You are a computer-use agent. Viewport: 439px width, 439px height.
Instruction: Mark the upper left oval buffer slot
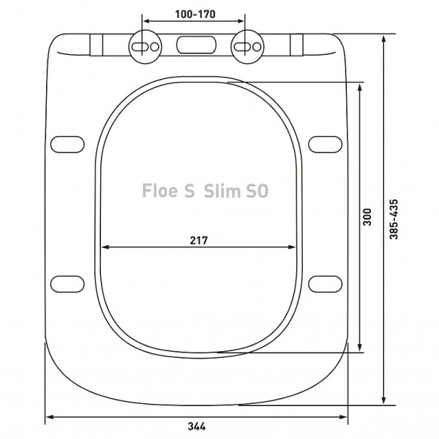coord(67,143)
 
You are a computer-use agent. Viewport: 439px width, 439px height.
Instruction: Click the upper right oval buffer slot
coord(324,143)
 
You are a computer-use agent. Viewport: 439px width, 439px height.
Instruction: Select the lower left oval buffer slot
coord(67,282)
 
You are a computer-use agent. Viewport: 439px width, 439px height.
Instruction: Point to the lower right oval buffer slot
coord(324,282)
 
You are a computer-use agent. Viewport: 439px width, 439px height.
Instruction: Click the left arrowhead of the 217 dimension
coord(104,247)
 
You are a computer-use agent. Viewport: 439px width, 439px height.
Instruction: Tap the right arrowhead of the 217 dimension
coord(297,247)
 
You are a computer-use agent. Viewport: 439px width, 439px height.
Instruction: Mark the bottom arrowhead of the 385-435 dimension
coord(386,399)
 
